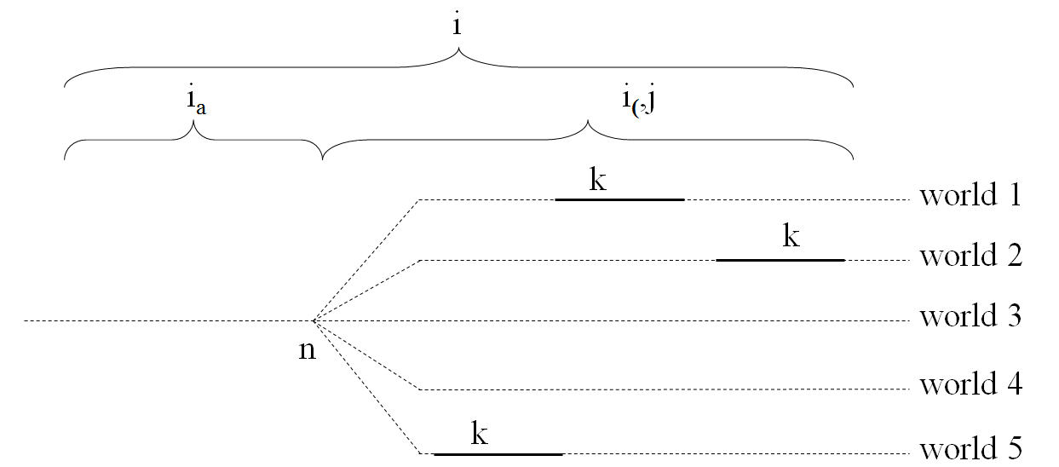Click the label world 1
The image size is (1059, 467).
970,194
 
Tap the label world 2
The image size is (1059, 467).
971,255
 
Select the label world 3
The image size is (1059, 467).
970,315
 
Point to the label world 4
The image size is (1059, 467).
971,383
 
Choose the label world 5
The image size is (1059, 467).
971,448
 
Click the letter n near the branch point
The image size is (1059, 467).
307,351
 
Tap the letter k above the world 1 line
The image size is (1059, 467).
597,179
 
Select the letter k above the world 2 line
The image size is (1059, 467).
791,235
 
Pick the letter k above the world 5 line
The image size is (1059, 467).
479,433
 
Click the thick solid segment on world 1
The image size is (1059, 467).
619,200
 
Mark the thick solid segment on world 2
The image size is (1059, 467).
780,260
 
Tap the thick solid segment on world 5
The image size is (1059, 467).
498,454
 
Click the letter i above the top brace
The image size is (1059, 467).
456,24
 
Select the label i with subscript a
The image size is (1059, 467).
196,100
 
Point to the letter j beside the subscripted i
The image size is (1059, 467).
649,99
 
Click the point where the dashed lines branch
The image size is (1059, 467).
313,321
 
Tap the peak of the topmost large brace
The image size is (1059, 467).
458,48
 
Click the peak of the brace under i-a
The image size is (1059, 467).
193,121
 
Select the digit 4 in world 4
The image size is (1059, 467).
1014,383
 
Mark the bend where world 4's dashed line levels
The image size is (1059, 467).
420,389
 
